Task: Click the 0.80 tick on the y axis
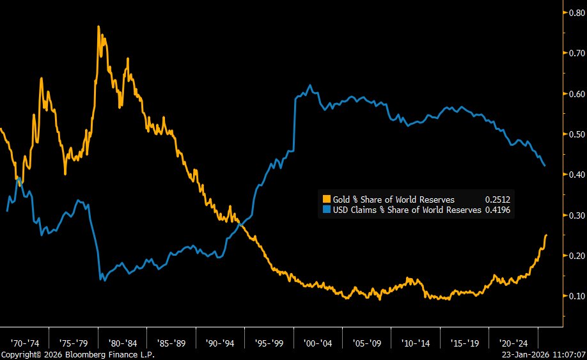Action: [574, 12]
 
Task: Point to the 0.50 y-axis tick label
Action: [574, 134]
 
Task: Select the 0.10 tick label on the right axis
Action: [574, 296]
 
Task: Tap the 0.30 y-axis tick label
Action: [574, 215]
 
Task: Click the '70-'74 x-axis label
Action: [25, 342]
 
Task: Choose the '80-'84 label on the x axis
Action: [122, 342]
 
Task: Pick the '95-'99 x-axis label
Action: [269, 342]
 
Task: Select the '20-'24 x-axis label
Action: [514, 342]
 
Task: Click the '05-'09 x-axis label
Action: [367, 342]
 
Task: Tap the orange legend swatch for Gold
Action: [326, 200]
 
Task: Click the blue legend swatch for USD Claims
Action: [326, 209]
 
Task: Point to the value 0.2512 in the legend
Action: [497, 200]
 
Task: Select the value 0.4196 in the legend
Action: [497, 209]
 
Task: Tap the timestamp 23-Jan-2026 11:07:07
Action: [544, 354]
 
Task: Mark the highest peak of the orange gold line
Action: [98, 27]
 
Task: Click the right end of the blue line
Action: [544, 166]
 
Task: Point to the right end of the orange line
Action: [546, 235]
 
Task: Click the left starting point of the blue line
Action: [7, 210]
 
